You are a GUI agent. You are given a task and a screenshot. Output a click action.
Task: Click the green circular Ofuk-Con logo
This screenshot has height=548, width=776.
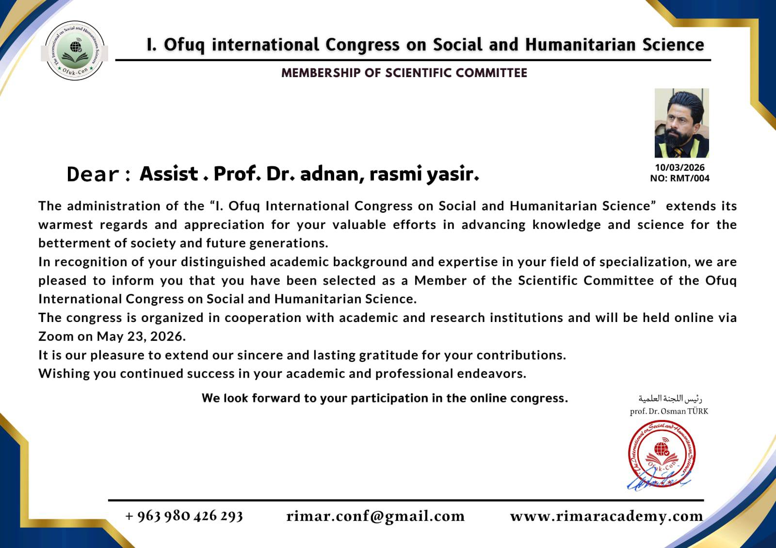(75, 50)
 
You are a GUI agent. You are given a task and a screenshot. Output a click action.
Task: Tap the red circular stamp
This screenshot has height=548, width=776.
(662, 454)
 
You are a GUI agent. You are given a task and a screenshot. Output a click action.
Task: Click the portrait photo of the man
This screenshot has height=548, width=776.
(681, 123)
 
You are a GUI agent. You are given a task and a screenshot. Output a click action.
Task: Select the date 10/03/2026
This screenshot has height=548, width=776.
(679, 168)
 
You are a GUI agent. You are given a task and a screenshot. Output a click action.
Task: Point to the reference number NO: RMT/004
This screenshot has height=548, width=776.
(679, 178)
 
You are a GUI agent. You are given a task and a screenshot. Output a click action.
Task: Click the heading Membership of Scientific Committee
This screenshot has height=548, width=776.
(404, 73)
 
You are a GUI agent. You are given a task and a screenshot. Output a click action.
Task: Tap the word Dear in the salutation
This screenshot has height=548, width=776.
(93, 174)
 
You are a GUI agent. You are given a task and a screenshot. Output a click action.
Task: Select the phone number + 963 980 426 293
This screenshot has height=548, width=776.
(184, 516)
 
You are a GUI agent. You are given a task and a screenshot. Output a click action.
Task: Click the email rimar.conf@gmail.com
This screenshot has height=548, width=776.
(375, 516)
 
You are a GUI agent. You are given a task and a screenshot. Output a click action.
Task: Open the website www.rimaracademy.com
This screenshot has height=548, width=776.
(606, 516)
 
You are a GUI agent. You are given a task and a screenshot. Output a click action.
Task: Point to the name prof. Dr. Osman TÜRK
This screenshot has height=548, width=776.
(669, 411)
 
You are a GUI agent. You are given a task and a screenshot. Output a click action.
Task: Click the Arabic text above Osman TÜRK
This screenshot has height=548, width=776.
(670, 399)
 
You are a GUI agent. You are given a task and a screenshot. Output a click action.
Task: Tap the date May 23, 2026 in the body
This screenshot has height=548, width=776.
(141, 337)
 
